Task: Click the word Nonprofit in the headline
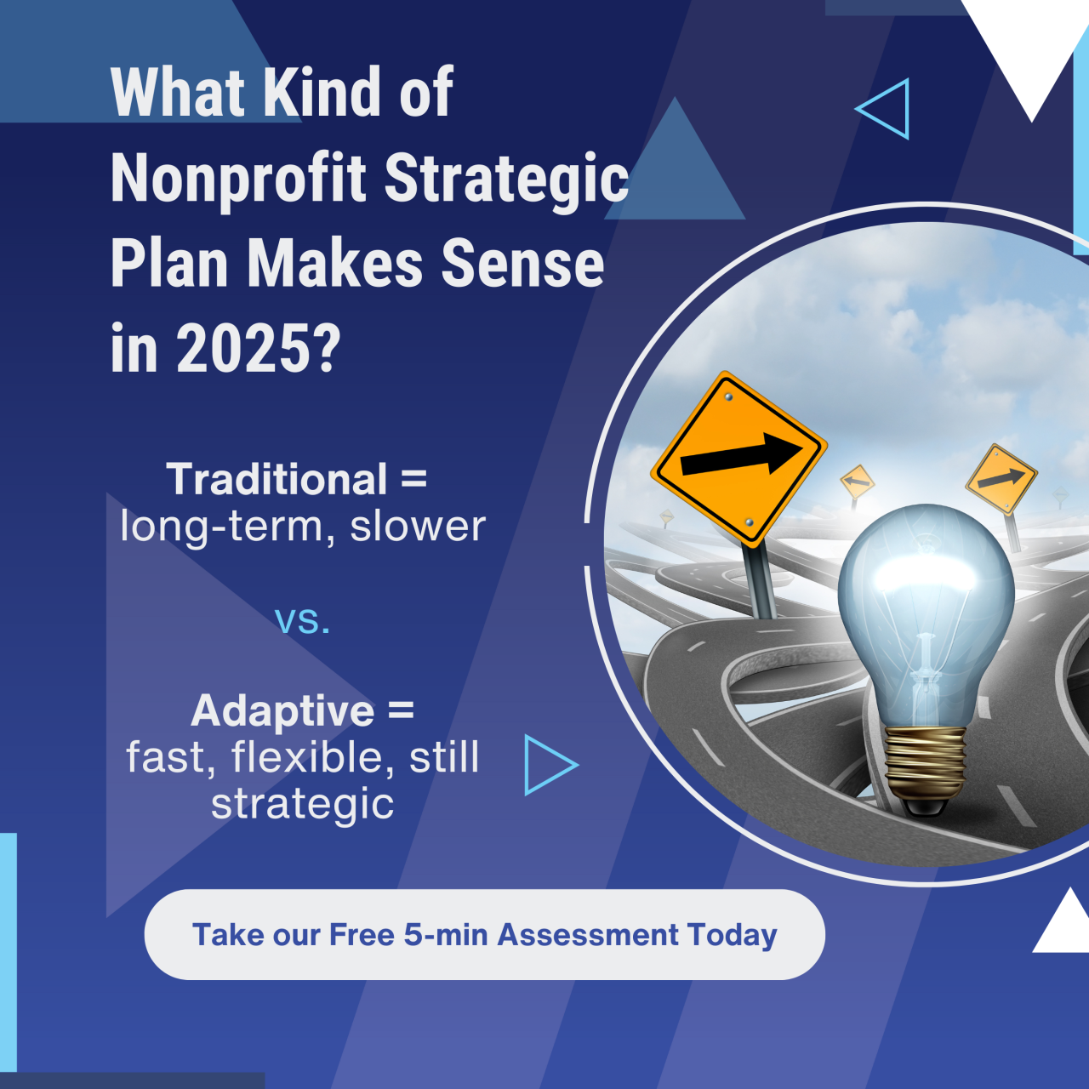coord(239,179)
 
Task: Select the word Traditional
coord(277,479)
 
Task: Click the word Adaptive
coord(282,710)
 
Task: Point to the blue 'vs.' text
coord(302,619)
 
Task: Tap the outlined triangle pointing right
coord(547,765)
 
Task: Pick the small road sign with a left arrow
coord(857,482)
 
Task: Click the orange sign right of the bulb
coord(1001,479)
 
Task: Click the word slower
coord(418,527)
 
